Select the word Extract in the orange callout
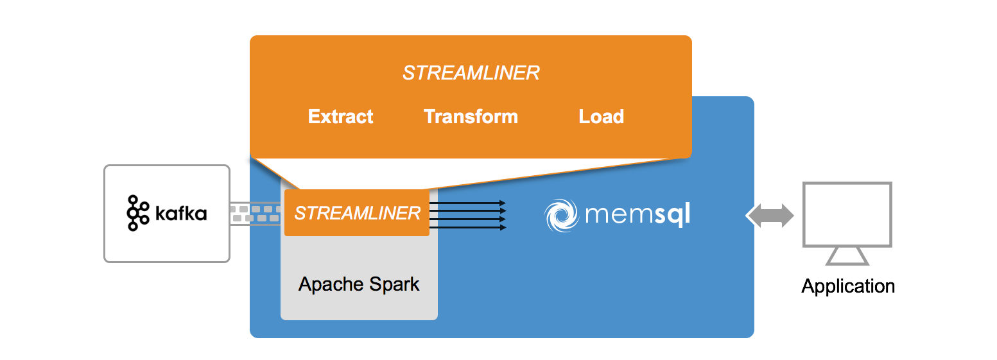tap(340, 117)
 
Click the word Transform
tap(471, 117)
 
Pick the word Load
tap(601, 117)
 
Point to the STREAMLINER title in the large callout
tap(471, 73)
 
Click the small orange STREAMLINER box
tap(357, 213)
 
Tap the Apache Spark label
tap(359, 284)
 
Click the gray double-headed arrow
tap(770, 216)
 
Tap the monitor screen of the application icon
tap(847, 214)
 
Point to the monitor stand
tap(847, 257)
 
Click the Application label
tap(847, 286)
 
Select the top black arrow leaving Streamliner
tap(467, 203)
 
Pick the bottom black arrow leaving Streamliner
tap(467, 227)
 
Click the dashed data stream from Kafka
tap(256, 214)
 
